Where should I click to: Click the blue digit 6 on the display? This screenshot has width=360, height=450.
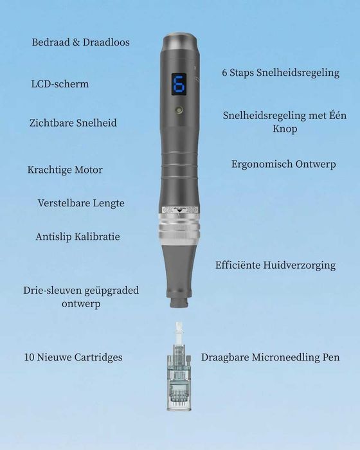pyautogui.click(x=179, y=84)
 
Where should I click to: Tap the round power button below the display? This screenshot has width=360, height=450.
pyautogui.click(x=179, y=110)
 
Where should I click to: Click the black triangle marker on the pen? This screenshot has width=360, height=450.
pyautogui.click(x=179, y=211)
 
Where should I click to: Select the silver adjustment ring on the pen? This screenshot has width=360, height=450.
pyautogui.click(x=179, y=230)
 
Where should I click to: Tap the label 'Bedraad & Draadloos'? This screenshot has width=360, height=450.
pyautogui.click(x=80, y=42)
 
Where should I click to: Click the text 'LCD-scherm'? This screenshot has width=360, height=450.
pyautogui.click(x=60, y=84)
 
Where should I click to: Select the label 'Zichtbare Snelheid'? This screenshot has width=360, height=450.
pyautogui.click(x=73, y=123)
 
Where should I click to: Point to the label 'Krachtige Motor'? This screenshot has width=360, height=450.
pyautogui.click(x=65, y=170)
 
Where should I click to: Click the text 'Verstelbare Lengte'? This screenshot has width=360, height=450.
pyautogui.click(x=81, y=203)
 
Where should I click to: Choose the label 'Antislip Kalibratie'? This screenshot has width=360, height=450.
pyautogui.click(x=78, y=237)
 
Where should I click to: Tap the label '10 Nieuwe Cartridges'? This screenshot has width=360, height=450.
pyautogui.click(x=73, y=357)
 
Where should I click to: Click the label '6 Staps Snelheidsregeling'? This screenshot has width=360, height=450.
pyautogui.click(x=281, y=73)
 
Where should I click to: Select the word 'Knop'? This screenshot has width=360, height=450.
pyautogui.click(x=285, y=129)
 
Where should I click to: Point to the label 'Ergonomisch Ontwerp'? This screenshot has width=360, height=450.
pyautogui.click(x=283, y=164)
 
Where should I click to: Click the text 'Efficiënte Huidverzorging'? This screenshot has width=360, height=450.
pyautogui.click(x=276, y=265)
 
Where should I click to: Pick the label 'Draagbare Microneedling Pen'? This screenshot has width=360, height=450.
pyautogui.click(x=270, y=357)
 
